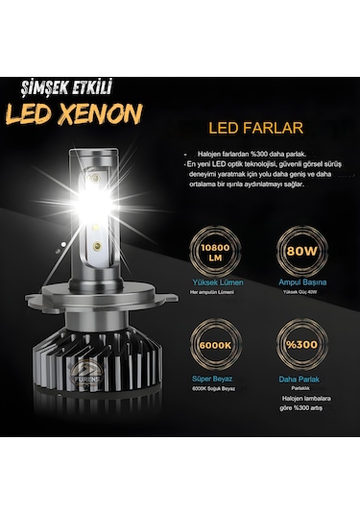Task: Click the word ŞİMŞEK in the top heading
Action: click(x=44, y=86)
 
